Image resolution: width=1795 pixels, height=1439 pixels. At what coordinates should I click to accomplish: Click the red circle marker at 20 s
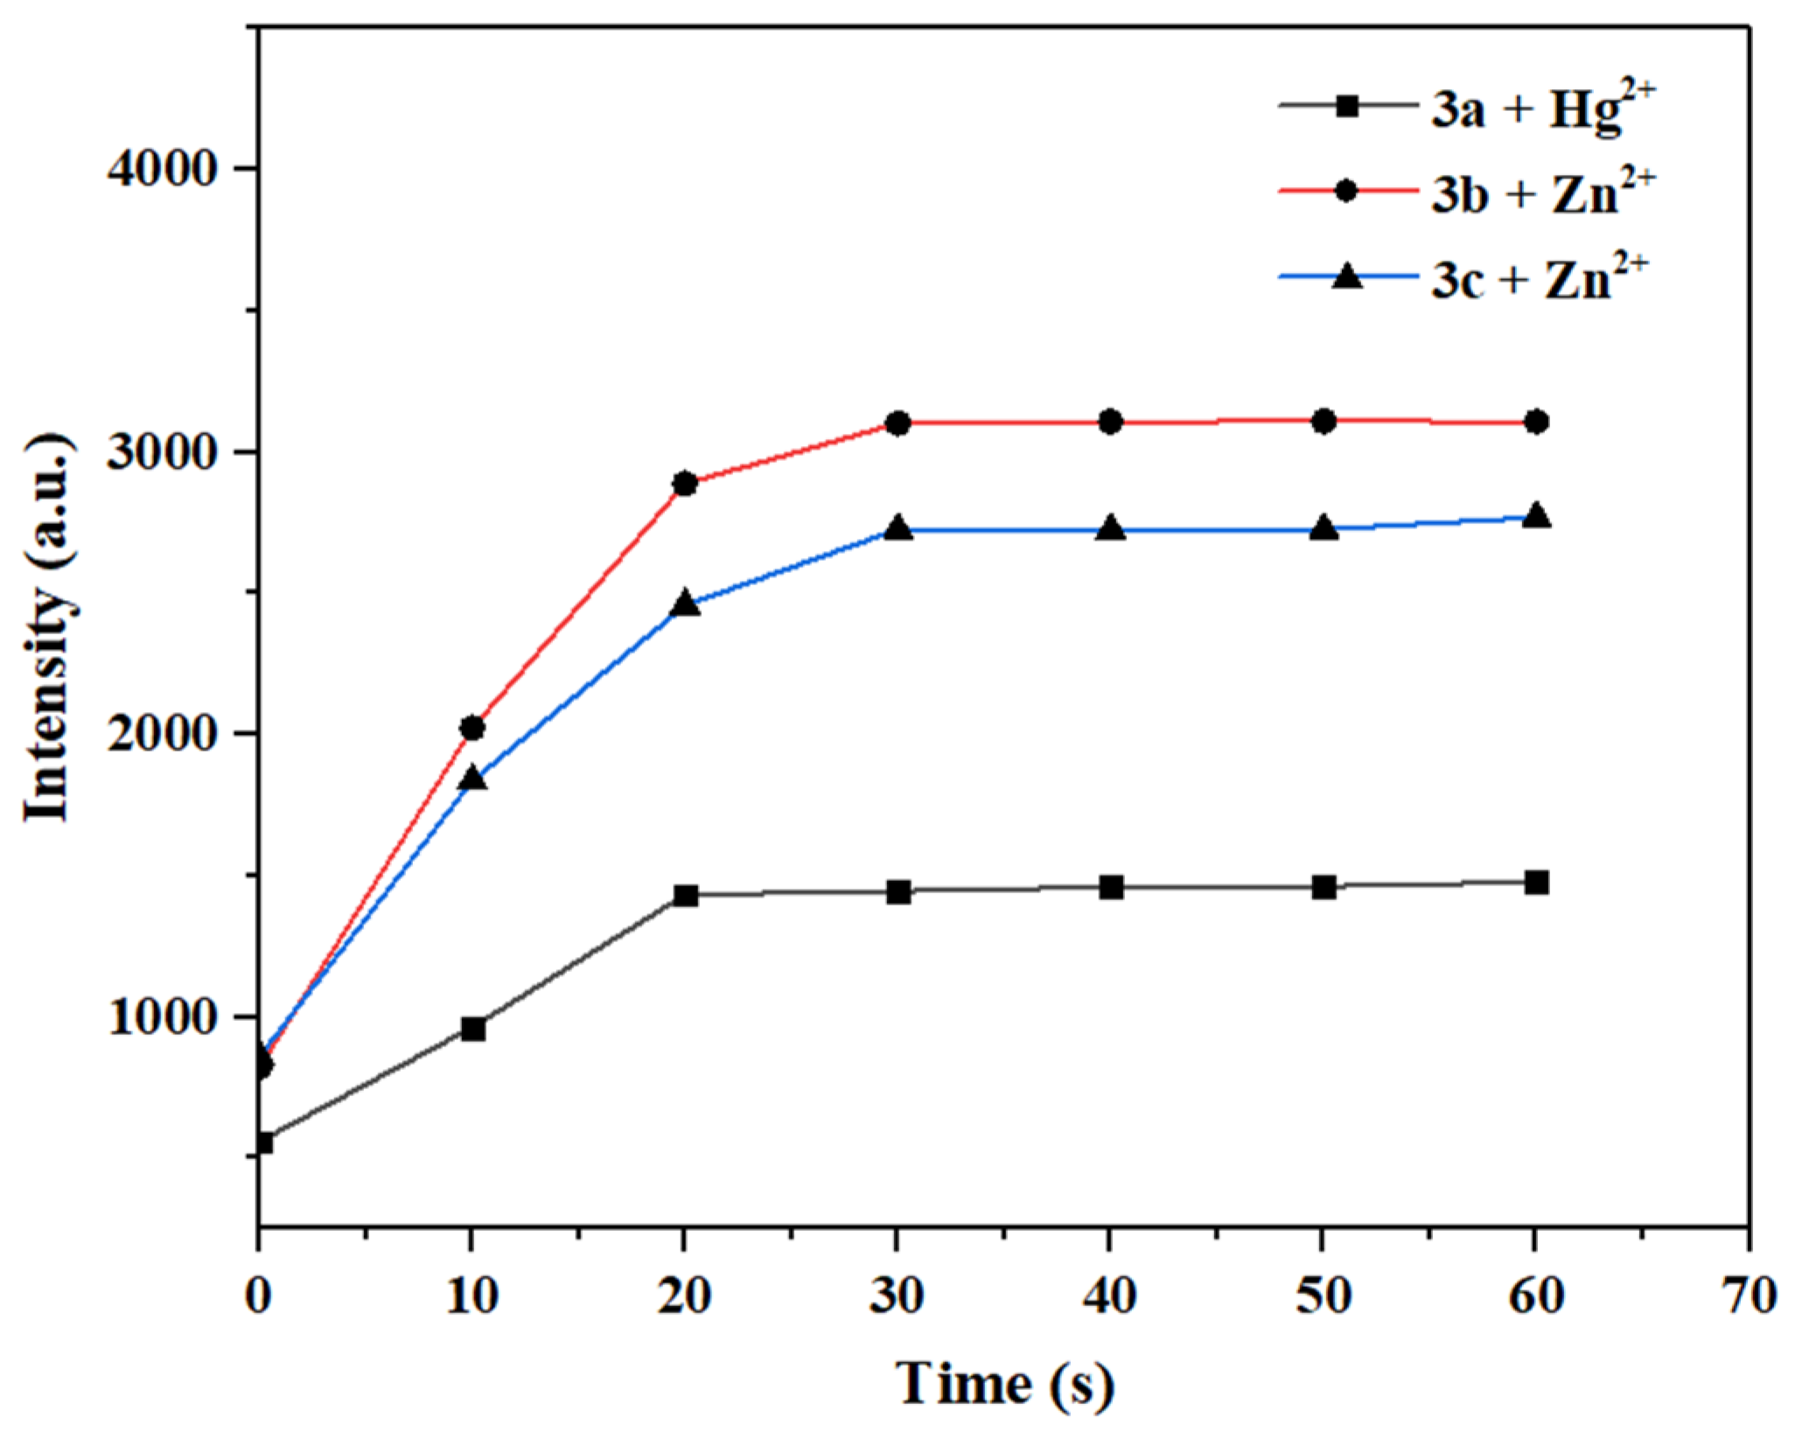point(685,483)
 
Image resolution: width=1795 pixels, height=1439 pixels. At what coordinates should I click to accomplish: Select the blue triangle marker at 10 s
point(472,778)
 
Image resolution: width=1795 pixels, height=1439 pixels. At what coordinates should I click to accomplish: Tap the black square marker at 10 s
point(472,1029)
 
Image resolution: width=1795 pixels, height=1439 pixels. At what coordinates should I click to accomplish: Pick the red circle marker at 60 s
point(1536,422)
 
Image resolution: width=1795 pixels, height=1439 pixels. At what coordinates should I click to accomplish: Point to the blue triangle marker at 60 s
point(1536,516)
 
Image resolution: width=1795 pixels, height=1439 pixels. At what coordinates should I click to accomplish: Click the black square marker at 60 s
point(1536,883)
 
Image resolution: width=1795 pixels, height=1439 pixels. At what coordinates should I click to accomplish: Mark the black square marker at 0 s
point(262,1142)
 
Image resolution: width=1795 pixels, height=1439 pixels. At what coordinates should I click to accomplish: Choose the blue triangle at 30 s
point(898,528)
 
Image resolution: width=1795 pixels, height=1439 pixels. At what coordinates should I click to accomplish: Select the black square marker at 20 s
point(685,895)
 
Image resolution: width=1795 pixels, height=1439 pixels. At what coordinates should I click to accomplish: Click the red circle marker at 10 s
point(472,727)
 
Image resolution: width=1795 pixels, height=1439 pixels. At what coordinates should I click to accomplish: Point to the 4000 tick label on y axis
point(161,168)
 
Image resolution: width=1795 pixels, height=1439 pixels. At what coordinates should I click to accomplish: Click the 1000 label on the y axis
point(161,1016)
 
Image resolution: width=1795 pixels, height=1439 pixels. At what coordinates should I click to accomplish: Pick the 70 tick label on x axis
point(1748,1295)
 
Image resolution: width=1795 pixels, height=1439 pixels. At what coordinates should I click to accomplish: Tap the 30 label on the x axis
point(897,1295)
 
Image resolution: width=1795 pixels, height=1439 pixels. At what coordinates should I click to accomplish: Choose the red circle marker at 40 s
point(1111,422)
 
